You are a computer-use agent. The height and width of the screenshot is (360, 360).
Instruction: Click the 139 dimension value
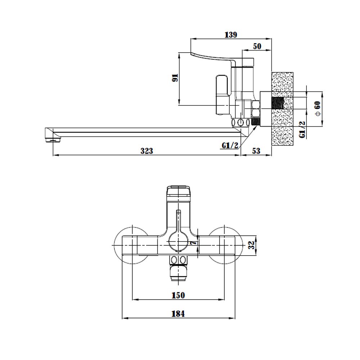point(231,35)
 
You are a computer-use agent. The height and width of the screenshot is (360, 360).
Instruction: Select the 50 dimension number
point(257,46)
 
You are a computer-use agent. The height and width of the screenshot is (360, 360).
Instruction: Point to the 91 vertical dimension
point(175,78)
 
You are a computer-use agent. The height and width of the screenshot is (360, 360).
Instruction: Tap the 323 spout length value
point(147,151)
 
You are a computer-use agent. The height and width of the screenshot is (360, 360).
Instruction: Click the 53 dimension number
point(256,151)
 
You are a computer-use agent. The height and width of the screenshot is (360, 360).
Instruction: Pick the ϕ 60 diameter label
point(318,108)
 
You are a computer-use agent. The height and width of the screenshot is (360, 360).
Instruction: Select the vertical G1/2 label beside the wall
point(303,130)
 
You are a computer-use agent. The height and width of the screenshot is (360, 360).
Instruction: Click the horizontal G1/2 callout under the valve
point(230,145)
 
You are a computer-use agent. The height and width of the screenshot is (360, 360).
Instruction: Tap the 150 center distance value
point(178,295)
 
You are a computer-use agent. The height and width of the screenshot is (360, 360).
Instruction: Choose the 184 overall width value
point(178,314)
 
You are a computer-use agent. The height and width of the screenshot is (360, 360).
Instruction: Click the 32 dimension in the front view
point(252,245)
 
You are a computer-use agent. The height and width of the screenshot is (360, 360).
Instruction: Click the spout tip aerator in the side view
point(53,140)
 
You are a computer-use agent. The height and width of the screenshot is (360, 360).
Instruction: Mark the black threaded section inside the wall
point(278,103)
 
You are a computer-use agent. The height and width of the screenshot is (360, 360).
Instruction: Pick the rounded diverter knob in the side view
point(221,85)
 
